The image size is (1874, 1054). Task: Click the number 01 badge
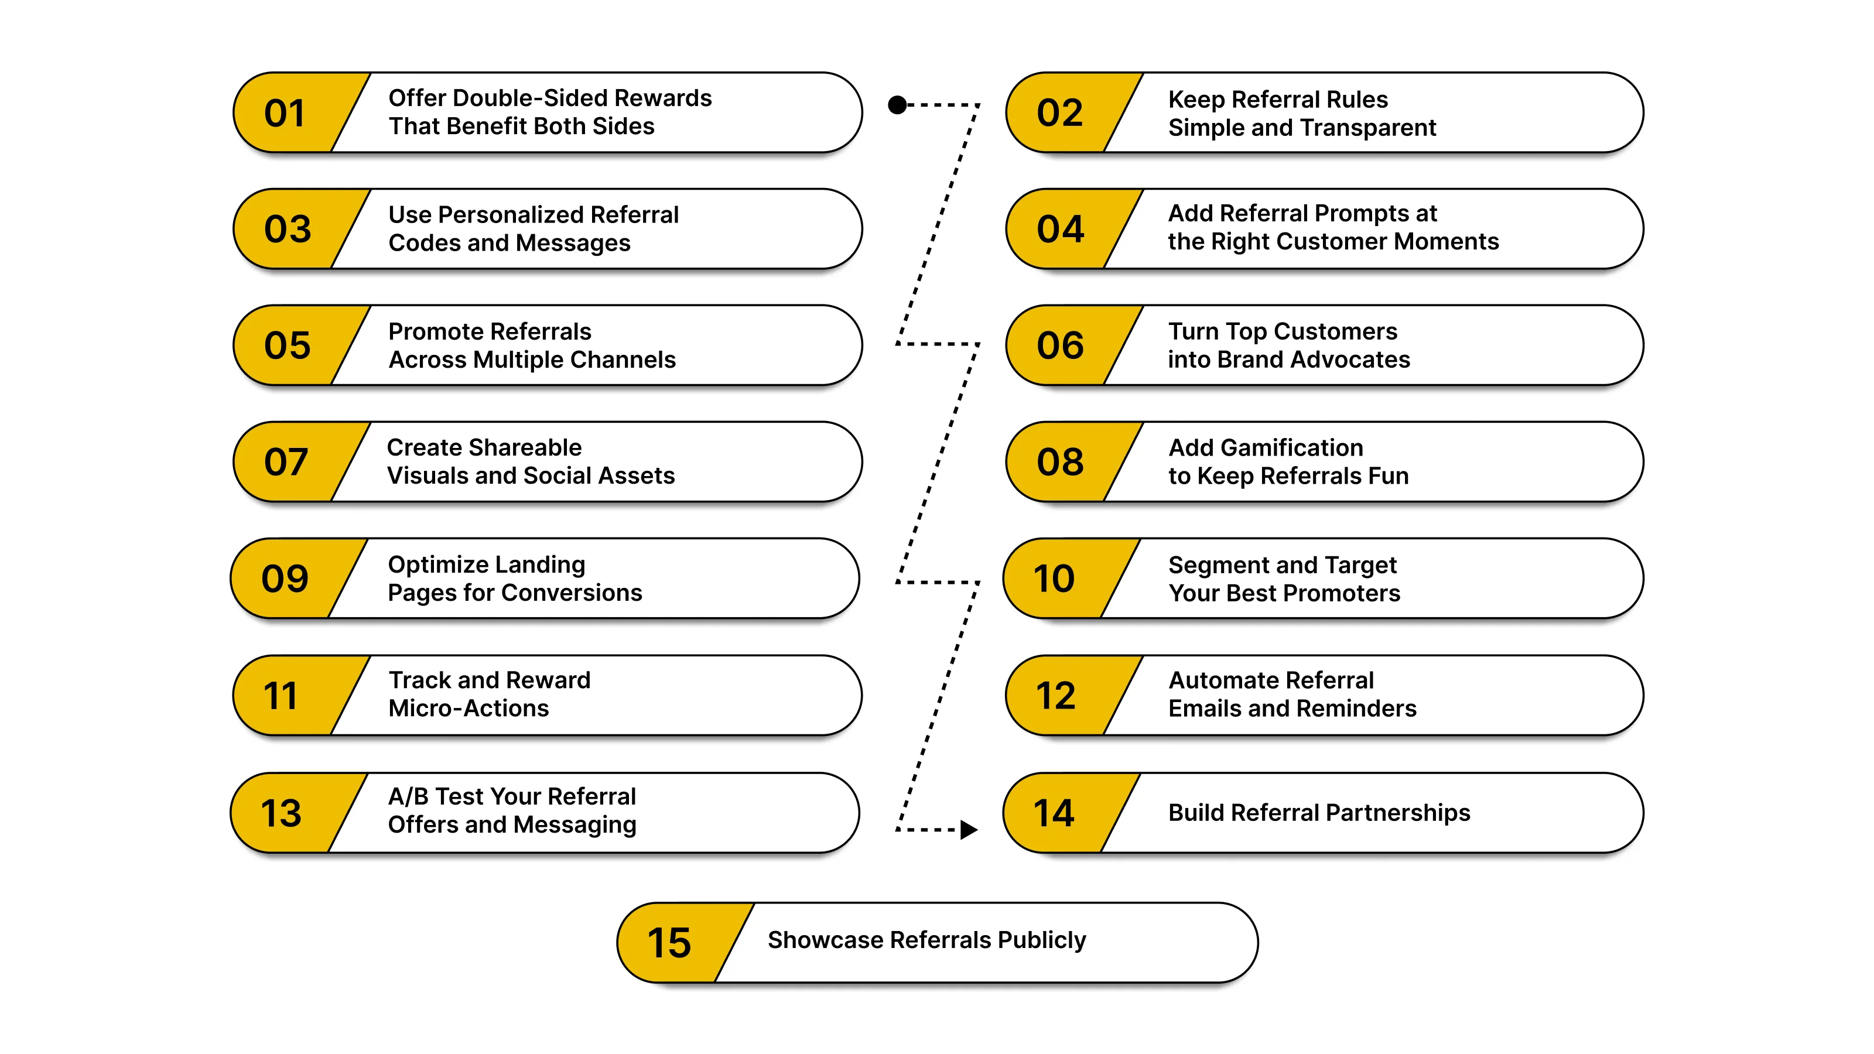tap(285, 114)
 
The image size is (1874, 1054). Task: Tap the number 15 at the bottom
tap(669, 943)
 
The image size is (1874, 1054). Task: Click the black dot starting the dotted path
tap(898, 105)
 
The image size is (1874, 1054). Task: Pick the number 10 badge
tap(1054, 579)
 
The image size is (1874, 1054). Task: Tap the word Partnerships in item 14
tap(1399, 813)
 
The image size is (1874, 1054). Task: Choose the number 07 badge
tap(286, 463)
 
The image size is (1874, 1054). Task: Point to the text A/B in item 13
tap(408, 796)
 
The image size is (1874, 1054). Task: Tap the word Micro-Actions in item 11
tap(468, 709)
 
